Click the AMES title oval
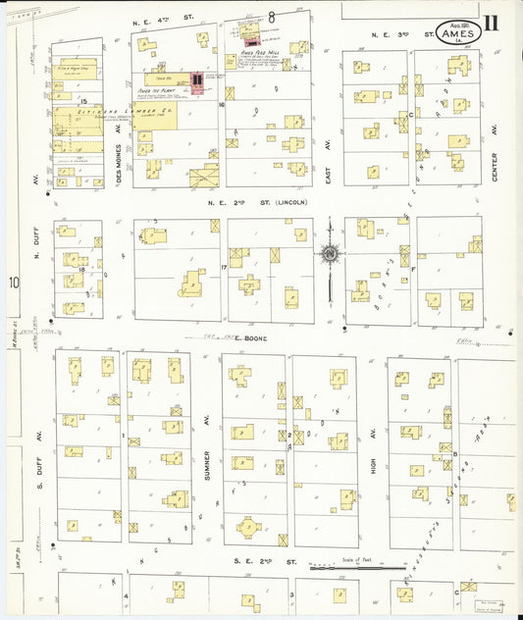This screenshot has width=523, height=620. [460, 33]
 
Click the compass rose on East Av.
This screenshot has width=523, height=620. [330, 255]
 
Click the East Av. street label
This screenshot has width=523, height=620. [330, 157]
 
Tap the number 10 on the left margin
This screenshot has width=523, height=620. [14, 284]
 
